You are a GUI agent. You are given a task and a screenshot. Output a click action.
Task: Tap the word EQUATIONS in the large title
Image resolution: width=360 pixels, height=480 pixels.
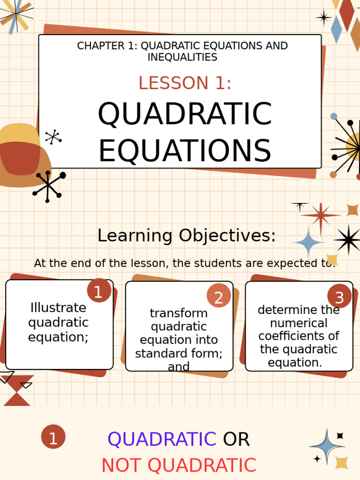tap(185, 151)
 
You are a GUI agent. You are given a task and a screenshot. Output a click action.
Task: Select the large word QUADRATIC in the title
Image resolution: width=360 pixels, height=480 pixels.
tap(185, 114)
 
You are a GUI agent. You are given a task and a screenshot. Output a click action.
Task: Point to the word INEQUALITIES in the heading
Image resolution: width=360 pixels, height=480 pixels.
tap(182, 57)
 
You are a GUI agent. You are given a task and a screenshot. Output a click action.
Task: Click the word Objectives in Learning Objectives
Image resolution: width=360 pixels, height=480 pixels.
tap(227, 236)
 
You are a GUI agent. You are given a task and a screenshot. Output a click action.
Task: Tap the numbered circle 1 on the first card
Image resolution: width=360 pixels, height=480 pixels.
tap(98, 292)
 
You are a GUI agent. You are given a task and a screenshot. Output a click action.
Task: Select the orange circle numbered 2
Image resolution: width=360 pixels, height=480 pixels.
tap(218, 297)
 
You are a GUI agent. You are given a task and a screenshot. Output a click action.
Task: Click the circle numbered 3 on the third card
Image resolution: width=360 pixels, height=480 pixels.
tap(339, 297)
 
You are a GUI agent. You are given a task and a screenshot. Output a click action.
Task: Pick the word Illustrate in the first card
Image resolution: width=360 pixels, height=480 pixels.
tap(58, 308)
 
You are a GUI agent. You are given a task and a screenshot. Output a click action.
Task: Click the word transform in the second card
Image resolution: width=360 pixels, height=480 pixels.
tap(179, 313)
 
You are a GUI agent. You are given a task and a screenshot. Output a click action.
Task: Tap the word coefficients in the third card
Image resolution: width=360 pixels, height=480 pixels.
tap(299, 336)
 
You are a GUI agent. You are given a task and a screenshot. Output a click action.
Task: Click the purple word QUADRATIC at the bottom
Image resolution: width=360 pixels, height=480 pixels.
tap(162, 440)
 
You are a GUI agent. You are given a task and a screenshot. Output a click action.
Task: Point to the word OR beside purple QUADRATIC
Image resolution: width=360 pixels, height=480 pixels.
tap(236, 440)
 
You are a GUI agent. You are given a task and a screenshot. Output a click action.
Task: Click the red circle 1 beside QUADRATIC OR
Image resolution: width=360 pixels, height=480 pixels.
tap(53, 437)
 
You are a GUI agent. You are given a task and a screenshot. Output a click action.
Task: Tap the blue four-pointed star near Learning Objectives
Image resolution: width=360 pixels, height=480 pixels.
tap(308, 242)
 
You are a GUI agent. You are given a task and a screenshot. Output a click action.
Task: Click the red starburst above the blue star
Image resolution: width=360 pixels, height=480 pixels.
tap(321, 216)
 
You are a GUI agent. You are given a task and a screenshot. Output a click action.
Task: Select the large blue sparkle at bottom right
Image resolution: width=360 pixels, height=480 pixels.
tap(327, 447)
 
